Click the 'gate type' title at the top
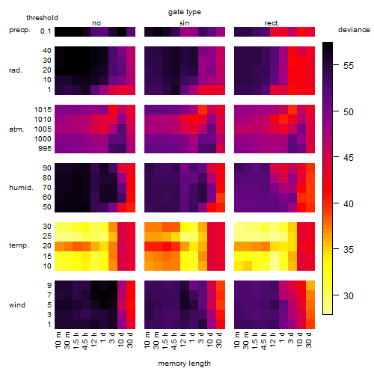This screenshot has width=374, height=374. pyautogui.click(x=185, y=12)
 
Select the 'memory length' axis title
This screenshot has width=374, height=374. pyautogui.click(x=184, y=364)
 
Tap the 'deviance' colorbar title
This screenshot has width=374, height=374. pyautogui.click(x=354, y=30)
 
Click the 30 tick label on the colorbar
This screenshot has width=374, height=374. pyautogui.click(x=349, y=296)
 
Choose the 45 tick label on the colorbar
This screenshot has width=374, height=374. pyautogui.click(x=349, y=158)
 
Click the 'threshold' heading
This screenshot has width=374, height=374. pyautogui.click(x=42, y=18)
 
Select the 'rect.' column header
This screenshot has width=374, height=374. pyautogui.click(x=272, y=23)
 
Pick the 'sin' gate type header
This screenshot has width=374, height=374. pyautogui.click(x=184, y=23)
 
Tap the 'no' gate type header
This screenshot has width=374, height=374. pyautogui.click(x=96, y=23)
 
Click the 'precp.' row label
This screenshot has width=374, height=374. pyautogui.click(x=19, y=30)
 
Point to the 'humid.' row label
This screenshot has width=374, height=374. pyautogui.click(x=21, y=188)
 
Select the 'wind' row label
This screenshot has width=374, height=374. pyautogui.click(x=17, y=305)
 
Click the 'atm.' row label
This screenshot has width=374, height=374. pyautogui.click(x=16, y=129)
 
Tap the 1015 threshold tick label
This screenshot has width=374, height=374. pyautogui.click(x=43, y=110)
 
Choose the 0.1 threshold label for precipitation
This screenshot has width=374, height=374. pyautogui.click(x=46, y=31)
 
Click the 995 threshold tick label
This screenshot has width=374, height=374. pyautogui.click(x=45, y=149)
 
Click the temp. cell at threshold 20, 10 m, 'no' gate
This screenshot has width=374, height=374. pyautogui.click(x=59, y=246)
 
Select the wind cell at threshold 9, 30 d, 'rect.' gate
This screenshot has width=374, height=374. pyautogui.click(x=310, y=286)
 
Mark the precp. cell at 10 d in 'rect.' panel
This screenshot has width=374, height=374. pyautogui.click(x=301, y=31)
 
